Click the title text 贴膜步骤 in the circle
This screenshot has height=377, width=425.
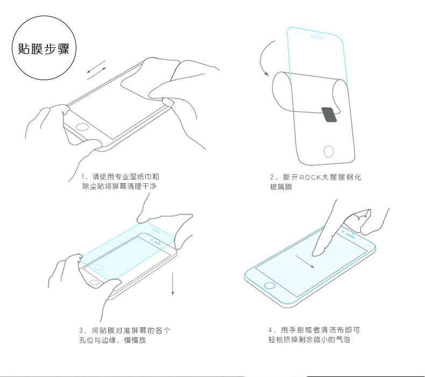coord(44,49)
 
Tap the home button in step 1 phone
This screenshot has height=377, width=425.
coord(82,127)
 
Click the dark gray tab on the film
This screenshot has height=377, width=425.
coord(329,115)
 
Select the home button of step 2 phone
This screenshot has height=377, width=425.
coord(329,151)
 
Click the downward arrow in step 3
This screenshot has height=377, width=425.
coord(172,283)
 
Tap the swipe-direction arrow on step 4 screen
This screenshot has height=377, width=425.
coord(304,261)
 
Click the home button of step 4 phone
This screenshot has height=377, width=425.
coord(270,286)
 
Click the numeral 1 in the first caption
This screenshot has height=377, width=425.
coord(83,177)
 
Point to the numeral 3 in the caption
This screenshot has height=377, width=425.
coord(81,330)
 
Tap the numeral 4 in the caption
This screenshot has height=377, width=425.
coord(270,330)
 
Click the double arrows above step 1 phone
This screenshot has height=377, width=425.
coord(96,70)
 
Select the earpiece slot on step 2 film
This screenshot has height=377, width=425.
coord(317,37)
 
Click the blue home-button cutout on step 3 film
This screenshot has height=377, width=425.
coord(98,267)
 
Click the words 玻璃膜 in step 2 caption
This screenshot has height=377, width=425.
coord(281,187)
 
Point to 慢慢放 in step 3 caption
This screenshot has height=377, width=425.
coord(135,340)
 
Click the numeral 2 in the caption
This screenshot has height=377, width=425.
coord(272,177)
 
